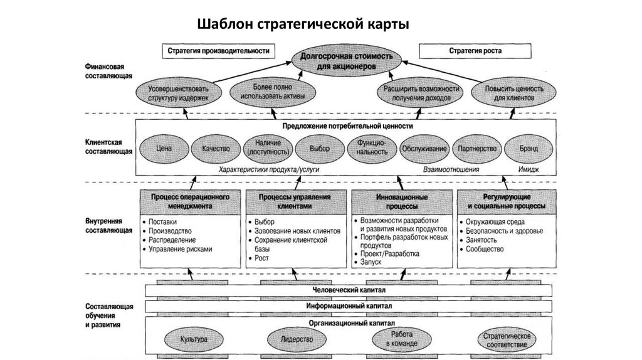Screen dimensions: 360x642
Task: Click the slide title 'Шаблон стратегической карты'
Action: click(303, 24)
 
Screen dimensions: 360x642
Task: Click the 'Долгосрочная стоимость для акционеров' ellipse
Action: click(347, 60)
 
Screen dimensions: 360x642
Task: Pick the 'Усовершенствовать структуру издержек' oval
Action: click(178, 93)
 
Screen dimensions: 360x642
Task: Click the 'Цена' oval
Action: click(164, 149)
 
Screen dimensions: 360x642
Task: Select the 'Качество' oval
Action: click(216, 149)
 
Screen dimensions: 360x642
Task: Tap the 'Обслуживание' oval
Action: click(424, 149)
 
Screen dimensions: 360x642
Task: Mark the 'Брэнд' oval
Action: click(529, 149)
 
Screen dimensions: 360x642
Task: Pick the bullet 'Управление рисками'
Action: click(181, 249)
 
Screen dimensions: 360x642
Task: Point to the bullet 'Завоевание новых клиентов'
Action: click(297, 231)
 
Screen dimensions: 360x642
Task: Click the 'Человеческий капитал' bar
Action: click(349, 290)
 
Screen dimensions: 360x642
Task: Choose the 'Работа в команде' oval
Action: click(400, 339)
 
